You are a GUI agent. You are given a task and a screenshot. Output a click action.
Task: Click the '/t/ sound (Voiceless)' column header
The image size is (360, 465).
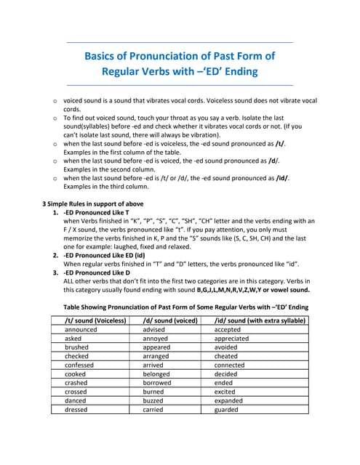point(96,320)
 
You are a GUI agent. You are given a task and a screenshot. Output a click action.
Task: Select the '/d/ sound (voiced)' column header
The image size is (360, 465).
point(170,320)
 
